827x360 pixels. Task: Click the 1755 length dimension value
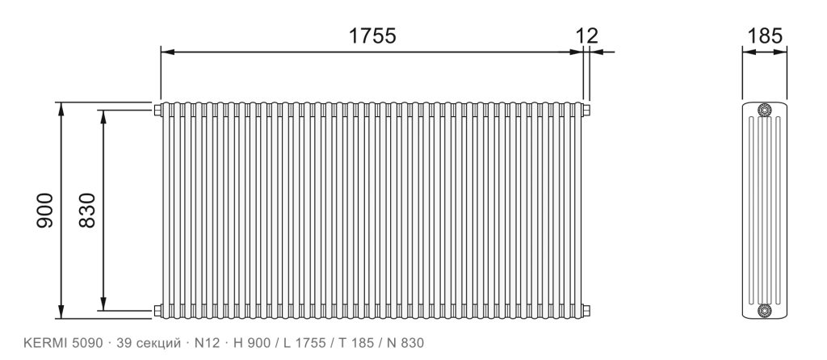pos(372,36)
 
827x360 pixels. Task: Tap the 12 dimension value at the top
pos(586,36)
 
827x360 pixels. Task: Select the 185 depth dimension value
pos(765,36)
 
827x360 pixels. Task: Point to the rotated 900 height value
pos(45,211)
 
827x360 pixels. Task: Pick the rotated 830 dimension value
pos(87,211)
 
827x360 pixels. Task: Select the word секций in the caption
pos(159,344)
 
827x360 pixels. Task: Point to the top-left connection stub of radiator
pos(157,110)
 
